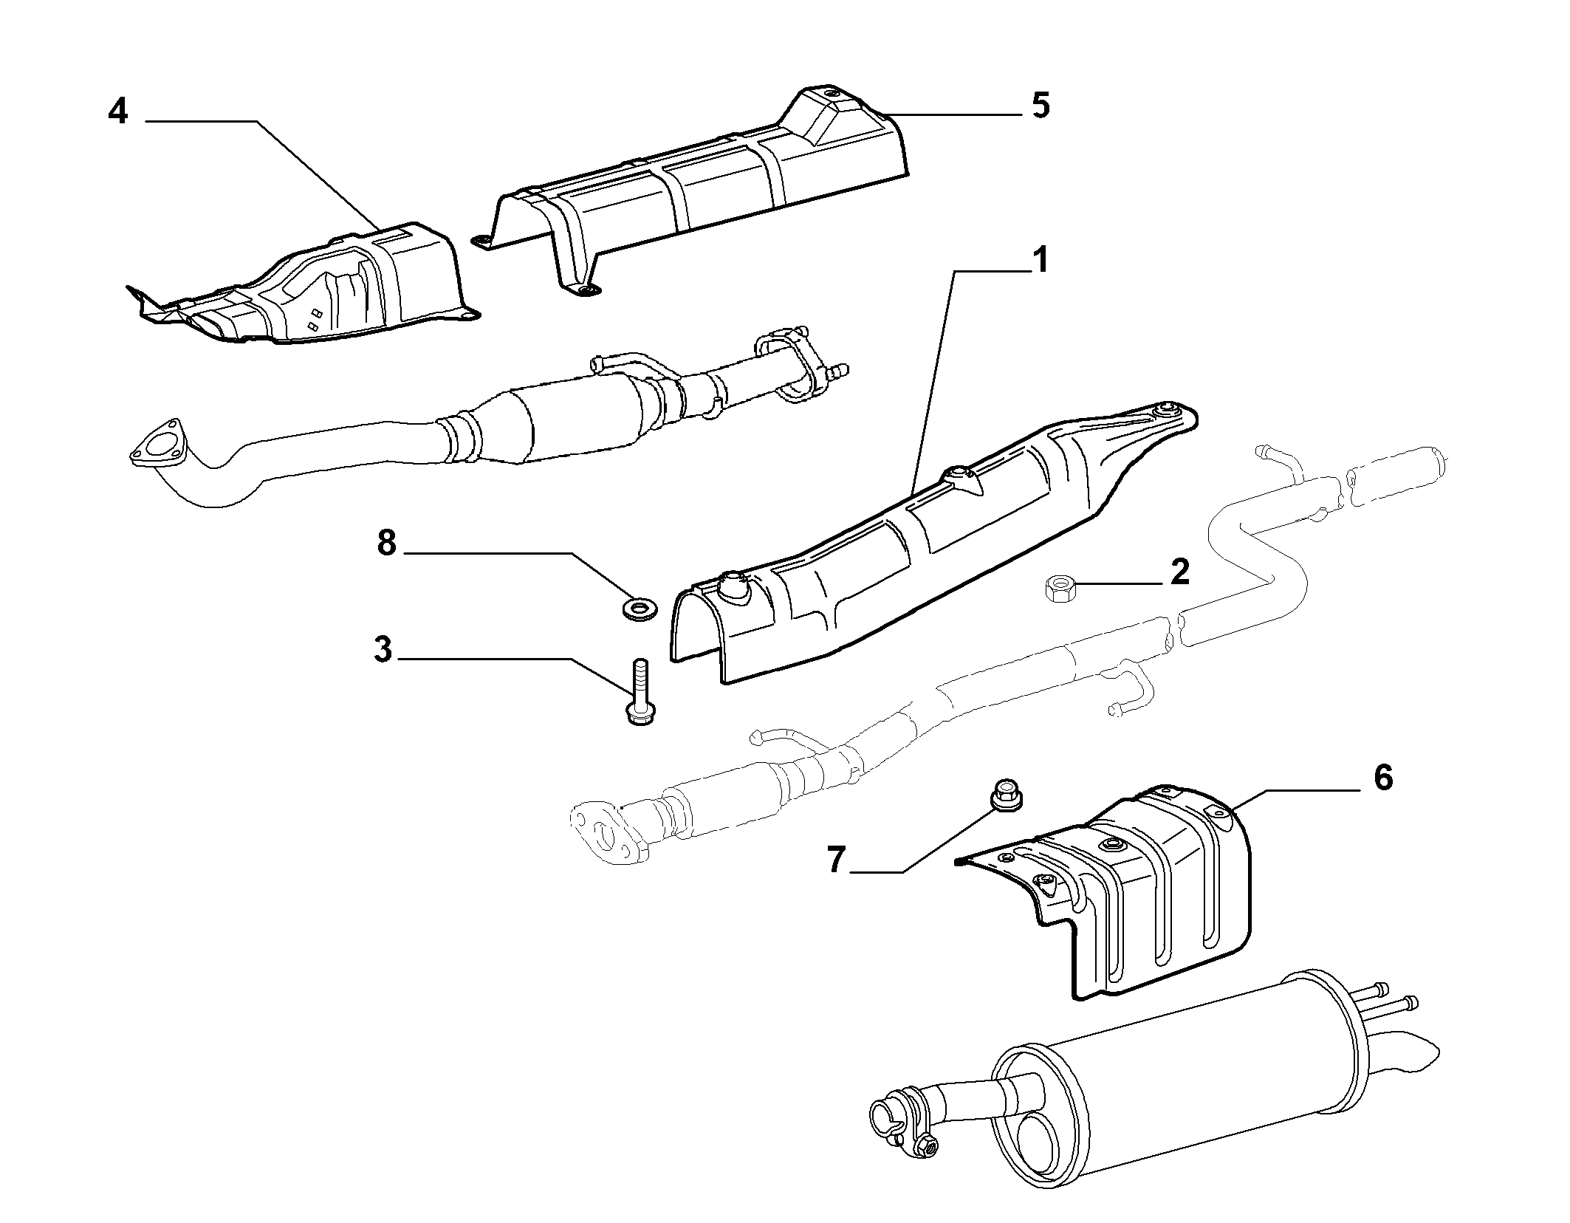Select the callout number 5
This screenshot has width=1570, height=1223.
[x=1040, y=107]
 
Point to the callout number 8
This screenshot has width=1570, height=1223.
[x=387, y=544]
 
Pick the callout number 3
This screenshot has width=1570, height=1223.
[x=383, y=651]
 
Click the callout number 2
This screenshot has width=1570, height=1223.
[x=1180, y=572]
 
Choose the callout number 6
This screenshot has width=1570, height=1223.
[x=1382, y=778]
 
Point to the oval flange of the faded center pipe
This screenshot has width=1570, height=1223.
[x=610, y=830]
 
